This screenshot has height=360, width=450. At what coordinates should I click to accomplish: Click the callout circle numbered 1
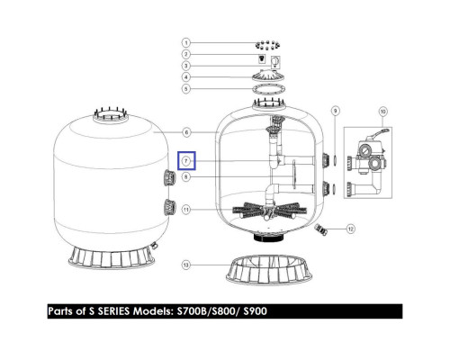click(186, 42)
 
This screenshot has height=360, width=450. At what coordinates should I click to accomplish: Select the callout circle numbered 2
click(186, 54)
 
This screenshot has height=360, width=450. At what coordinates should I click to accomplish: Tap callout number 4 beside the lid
click(186, 77)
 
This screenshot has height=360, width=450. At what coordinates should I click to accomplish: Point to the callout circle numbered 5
click(186, 89)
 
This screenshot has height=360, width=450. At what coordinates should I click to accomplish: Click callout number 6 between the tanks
click(186, 132)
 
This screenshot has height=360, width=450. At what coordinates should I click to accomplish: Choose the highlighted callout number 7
click(186, 161)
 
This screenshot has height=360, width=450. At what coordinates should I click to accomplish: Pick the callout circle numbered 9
click(336, 111)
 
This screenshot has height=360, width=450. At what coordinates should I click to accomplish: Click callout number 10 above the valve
click(382, 112)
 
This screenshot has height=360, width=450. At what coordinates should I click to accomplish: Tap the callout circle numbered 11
click(186, 209)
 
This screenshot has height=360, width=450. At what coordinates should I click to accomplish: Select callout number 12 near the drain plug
click(351, 229)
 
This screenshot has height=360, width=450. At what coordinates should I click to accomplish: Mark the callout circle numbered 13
click(186, 265)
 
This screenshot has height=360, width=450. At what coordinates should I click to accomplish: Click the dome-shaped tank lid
click(268, 76)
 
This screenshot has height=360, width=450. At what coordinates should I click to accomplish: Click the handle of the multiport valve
click(378, 134)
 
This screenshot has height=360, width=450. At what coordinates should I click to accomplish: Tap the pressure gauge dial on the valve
click(364, 149)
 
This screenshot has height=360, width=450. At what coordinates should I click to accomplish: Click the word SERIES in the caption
click(114, 311)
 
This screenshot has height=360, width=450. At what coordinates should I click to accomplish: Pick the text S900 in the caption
click(255, 311)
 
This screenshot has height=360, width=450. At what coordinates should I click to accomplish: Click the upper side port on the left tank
click(169, 177)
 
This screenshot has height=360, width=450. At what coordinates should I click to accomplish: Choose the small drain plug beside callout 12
click(320, 229)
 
